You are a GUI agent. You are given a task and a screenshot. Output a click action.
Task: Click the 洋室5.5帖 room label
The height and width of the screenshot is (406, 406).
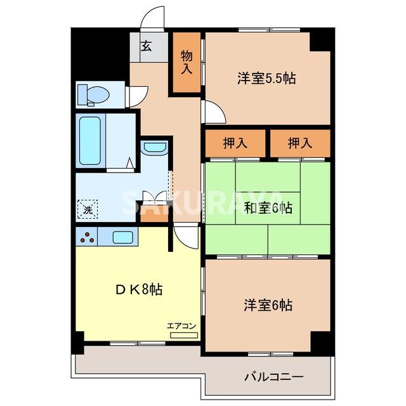pyautogui.click(x=267, y=79)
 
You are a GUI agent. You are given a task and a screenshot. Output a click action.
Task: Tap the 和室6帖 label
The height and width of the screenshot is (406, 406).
pyautogui.click(x=267, y=207)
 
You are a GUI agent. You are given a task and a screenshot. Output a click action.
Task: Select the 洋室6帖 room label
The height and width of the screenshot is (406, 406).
pyautogui.click(x=268, y=305)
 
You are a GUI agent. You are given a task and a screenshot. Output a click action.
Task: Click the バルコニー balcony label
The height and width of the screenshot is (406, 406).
pyautogui.click(x=274, y=377)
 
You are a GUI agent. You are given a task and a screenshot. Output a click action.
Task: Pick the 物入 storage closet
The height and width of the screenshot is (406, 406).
pyautogui.click(x=186, y=63)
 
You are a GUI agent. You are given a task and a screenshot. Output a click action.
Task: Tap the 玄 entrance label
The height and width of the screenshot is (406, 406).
pyautogui.click(x=147, y=46)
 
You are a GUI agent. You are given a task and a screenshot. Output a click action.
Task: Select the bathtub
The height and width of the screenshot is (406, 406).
pyautogui.click(x=90, y=140)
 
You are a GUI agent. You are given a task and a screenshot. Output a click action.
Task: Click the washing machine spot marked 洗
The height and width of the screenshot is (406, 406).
pyautogui.click(x=87, y=207)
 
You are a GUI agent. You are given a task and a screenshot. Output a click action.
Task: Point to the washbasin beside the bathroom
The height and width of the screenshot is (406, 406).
pyautogui.click(x=154, y=148)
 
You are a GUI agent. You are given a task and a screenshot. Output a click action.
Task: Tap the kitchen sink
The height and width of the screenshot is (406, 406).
pyautogui.click(x=123, y=238)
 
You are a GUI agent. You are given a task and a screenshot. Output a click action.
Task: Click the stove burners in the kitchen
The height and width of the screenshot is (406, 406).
pyautogui.click(x=88, y=238)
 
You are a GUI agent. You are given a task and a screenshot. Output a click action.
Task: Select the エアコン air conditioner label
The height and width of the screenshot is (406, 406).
pyautogui.click(x=183, y=326)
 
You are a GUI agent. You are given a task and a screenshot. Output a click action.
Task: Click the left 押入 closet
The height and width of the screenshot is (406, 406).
pyautogui.click(x=235, y=143)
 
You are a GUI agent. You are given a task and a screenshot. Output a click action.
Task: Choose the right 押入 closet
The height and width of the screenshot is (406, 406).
pyautogui.click(x=300, y=143)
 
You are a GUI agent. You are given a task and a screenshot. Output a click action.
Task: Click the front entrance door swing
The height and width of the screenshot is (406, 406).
pyautogui.click(x=153, y=18)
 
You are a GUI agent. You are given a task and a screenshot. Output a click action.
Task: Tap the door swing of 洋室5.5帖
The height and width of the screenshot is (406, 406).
pyautogui.click(x=213, y=112)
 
